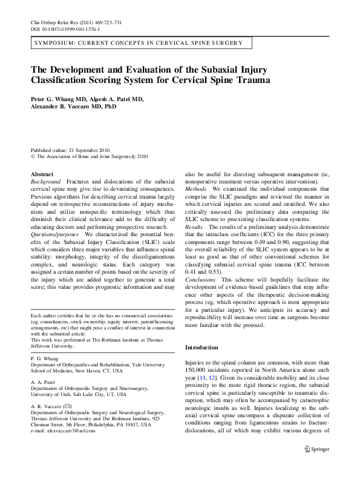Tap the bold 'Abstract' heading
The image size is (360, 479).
point(42,173)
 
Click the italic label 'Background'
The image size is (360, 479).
point(45,182)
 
